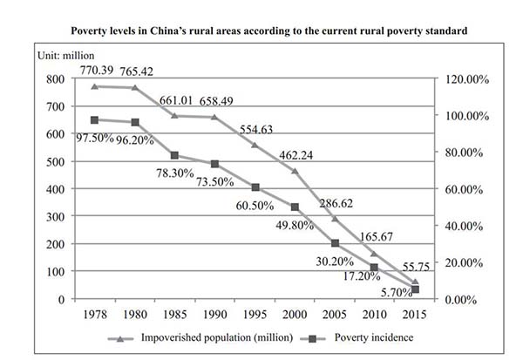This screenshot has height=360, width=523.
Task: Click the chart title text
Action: click(261, 30)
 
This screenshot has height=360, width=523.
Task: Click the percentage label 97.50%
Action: click(94, 138)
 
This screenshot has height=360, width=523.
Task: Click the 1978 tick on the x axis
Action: click(94, 312)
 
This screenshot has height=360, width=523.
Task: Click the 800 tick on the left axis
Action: click(56, 79)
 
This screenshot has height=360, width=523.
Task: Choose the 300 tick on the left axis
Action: click(56, 216)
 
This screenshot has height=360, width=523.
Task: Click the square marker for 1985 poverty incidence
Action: click(174, 155)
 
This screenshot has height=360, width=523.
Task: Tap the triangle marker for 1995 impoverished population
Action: click(255, 145)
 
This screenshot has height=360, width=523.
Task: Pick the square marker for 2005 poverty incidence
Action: click(335, 243)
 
